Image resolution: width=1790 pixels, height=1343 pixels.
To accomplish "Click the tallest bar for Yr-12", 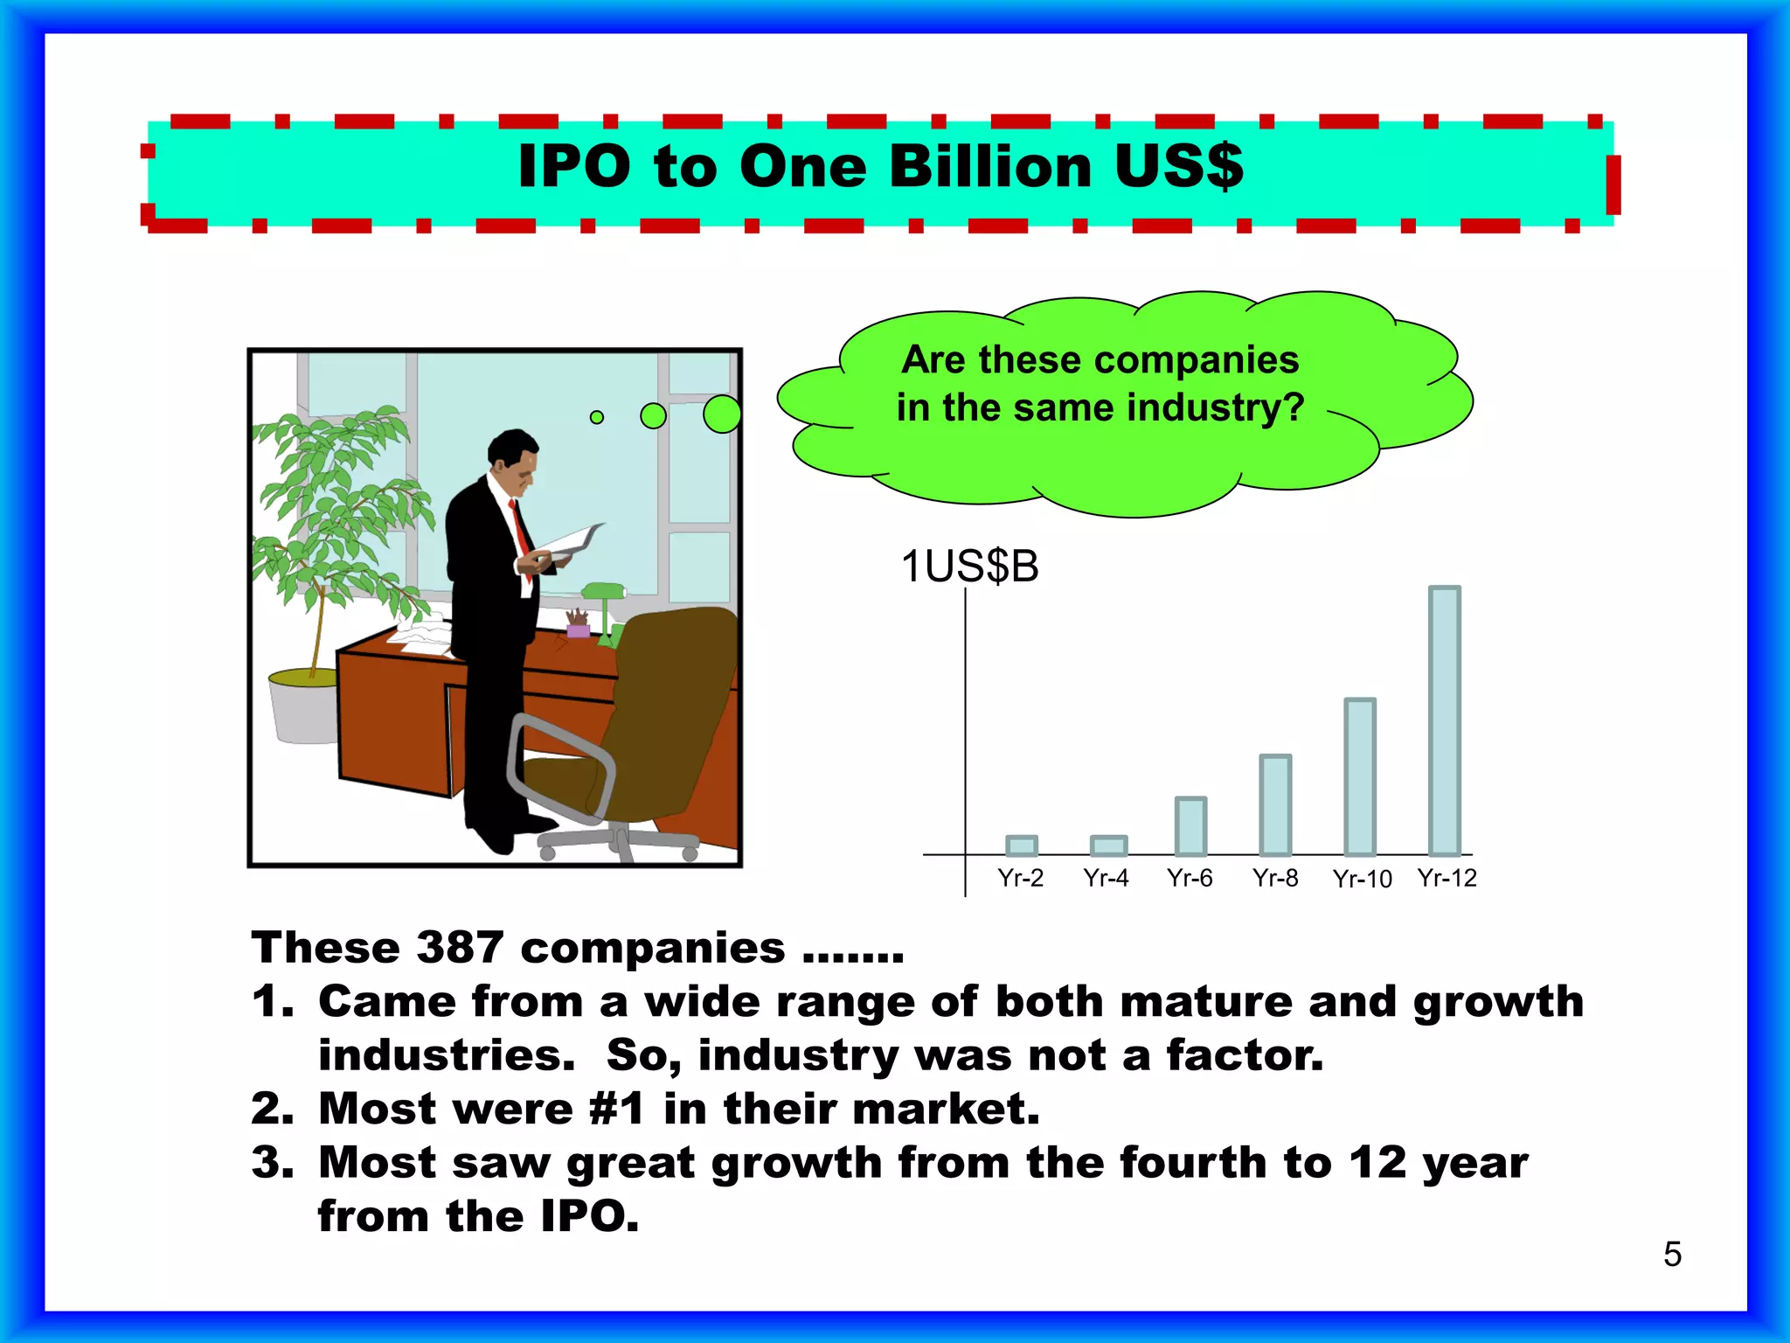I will tap(1444, 720).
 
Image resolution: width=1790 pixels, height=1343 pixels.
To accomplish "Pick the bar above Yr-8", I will tap(1275, 804).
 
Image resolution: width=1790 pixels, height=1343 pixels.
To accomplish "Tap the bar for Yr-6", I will tap(1190, 825).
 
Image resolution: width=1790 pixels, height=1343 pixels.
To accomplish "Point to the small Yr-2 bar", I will tap(1021, 845).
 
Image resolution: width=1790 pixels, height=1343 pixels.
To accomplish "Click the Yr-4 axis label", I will tap(1106, 878).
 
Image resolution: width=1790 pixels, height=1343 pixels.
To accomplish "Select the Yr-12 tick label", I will tap(1447, 878).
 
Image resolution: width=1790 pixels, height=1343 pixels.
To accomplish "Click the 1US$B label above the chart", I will tap(969, 567).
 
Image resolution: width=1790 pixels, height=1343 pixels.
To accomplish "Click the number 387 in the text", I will tap(460, 948).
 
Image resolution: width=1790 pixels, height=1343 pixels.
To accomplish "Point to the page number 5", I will tap(1672, 1254).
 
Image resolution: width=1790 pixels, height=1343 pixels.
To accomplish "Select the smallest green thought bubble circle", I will tap(597, 417).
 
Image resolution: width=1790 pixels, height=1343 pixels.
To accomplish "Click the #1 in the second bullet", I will tap(616, 1109).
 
